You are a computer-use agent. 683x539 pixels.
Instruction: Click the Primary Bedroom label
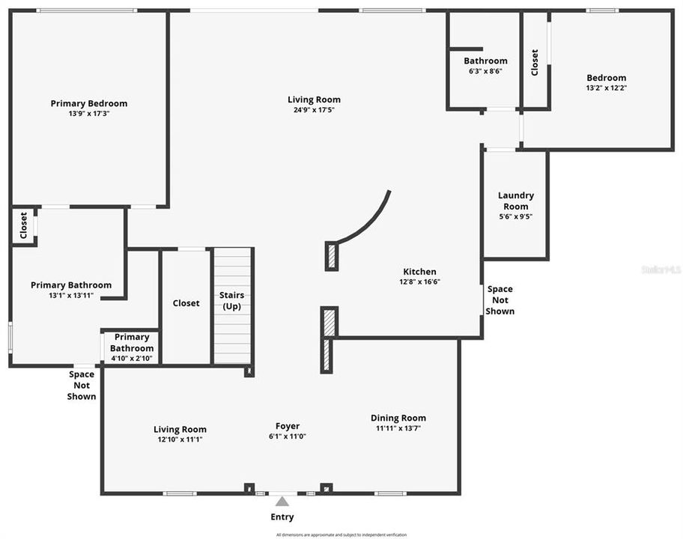(x=89, y=103)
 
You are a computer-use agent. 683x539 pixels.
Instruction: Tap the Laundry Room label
(x=515, y=201)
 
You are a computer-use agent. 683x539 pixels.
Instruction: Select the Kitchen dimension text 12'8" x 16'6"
(x=419, y=282)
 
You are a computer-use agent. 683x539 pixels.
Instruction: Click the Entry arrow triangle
(x=282, y=501)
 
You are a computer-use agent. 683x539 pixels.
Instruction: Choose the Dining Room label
(x=398, y=418)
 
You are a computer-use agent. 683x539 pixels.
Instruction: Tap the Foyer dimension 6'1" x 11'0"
(x=288, y=436)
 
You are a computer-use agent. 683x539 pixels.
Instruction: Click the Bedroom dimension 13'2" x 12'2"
(x=606, y=88)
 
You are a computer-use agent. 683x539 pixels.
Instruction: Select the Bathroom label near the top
(x=485, y=61)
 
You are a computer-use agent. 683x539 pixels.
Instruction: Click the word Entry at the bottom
(x=282, y=517)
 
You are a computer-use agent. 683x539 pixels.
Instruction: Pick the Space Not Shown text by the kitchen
(x=500, y=299)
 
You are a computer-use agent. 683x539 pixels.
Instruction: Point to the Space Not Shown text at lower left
(x=82, y=386)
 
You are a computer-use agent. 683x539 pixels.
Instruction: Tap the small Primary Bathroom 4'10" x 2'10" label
(x=132, y=348)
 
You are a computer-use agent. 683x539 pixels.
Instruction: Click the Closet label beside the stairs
(x=186, y=303)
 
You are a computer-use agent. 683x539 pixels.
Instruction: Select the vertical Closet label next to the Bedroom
(x=535, y=62)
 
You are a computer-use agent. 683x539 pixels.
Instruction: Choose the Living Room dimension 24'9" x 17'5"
(x=315, y=109)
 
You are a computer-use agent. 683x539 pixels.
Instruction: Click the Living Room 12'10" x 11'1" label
(x=180, y=439)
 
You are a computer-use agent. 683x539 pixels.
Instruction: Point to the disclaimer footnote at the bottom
(x=341, y=535)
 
